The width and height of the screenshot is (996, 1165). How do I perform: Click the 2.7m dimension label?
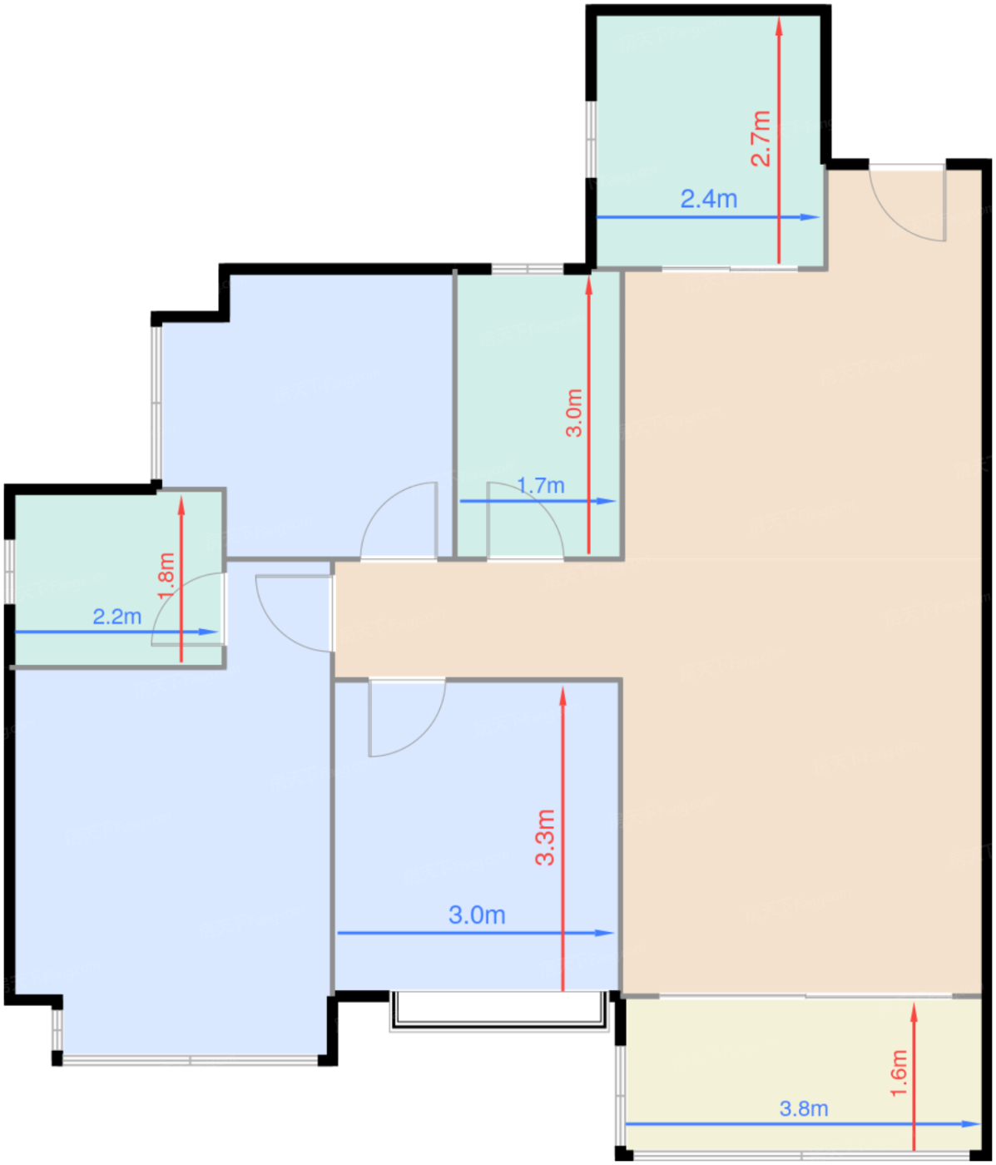point(761,139)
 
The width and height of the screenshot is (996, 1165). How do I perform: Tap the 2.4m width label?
point(709,199)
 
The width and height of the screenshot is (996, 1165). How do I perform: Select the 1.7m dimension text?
point(541,485)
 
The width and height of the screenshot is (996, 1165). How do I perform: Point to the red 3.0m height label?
point(574,413)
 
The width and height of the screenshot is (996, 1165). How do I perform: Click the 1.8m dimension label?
point(166,577)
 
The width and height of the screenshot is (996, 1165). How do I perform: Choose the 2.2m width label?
point(116,616)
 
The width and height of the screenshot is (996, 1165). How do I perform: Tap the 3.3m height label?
point(545,837)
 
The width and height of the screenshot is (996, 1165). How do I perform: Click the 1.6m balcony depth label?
point(899,1073)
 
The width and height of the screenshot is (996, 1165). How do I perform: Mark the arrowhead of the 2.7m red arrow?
point(779,25)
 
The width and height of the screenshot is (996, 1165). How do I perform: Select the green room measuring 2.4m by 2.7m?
point(709,140)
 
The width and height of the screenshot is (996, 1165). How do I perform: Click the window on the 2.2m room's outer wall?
point(9,571)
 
